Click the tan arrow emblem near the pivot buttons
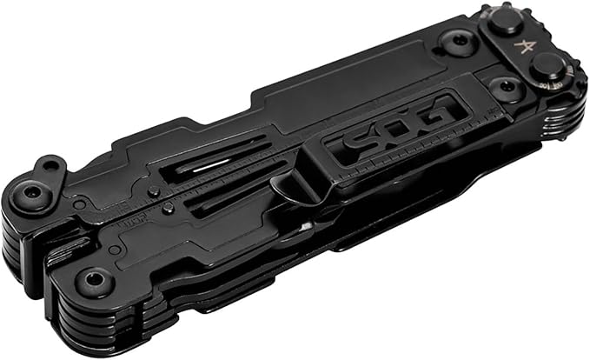[x=527, y=46]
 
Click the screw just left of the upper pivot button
[x=455, y=42]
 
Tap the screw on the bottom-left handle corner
[x=93, y=282]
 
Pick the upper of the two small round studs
[x=153, y=191]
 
